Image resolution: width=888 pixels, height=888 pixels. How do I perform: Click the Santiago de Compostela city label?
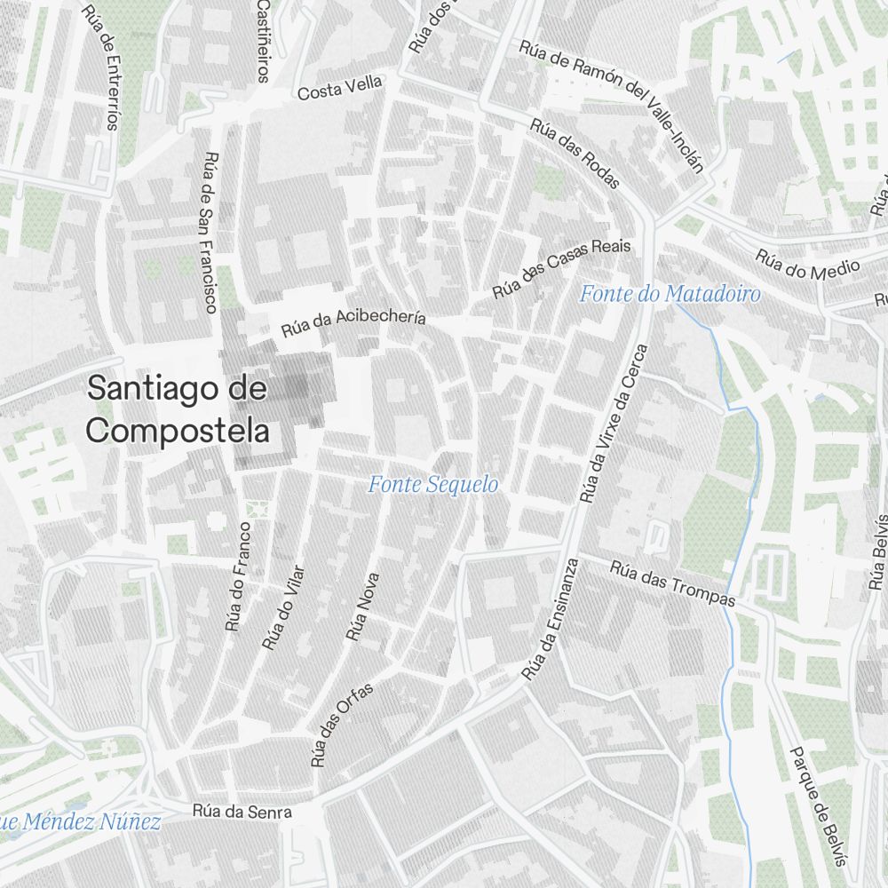(x=178, y=409)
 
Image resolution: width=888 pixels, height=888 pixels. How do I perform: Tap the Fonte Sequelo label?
(x=433, y=485)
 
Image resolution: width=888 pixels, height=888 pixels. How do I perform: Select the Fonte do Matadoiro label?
(x=670, y=294)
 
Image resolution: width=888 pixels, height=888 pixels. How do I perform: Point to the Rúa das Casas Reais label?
(x=561, y=267)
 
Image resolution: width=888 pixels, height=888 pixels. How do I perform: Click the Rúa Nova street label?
(x=363, y=607)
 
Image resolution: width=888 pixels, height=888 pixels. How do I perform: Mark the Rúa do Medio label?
(x=808, y=264)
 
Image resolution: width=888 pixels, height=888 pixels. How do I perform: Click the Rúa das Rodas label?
(x=575, y=153)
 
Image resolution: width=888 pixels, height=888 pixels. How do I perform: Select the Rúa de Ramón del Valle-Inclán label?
(x=612, y=105)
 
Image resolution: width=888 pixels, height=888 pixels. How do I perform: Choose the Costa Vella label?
(x=340, y=87)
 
